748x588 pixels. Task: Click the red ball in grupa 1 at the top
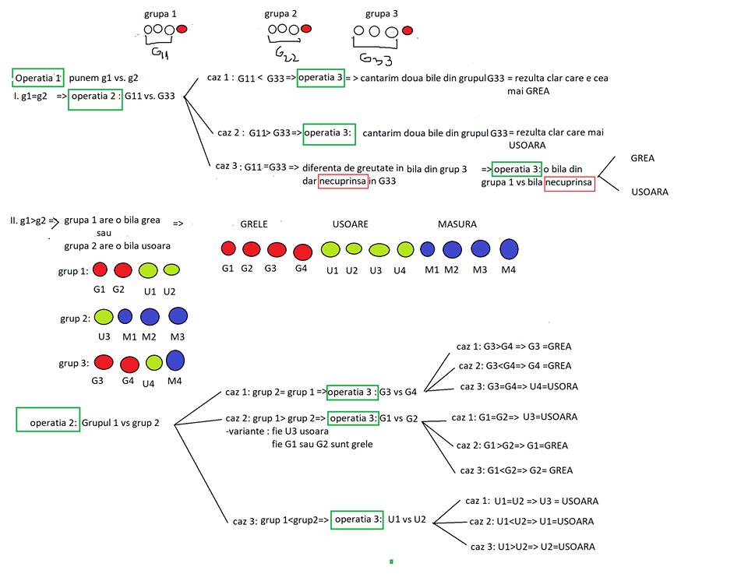(x=182, y=29)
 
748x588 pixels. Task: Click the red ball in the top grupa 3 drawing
(x=407, y=31)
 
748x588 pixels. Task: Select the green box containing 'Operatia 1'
(x=38, y=78)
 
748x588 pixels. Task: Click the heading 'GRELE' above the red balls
(x=254, y=224)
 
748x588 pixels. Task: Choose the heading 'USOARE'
(x=351, y=224)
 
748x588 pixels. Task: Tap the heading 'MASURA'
(x=457, y=224)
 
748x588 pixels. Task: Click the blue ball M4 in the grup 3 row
(x=175, y=361)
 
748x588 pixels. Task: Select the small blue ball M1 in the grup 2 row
(x=125, y=316)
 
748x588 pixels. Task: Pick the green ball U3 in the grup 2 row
(x=104, y=316)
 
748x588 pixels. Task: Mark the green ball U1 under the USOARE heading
(x=330, y=249)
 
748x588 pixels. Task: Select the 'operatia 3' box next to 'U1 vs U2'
(x=357, y=519)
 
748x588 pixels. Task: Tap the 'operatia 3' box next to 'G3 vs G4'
(x=352, y=391)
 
